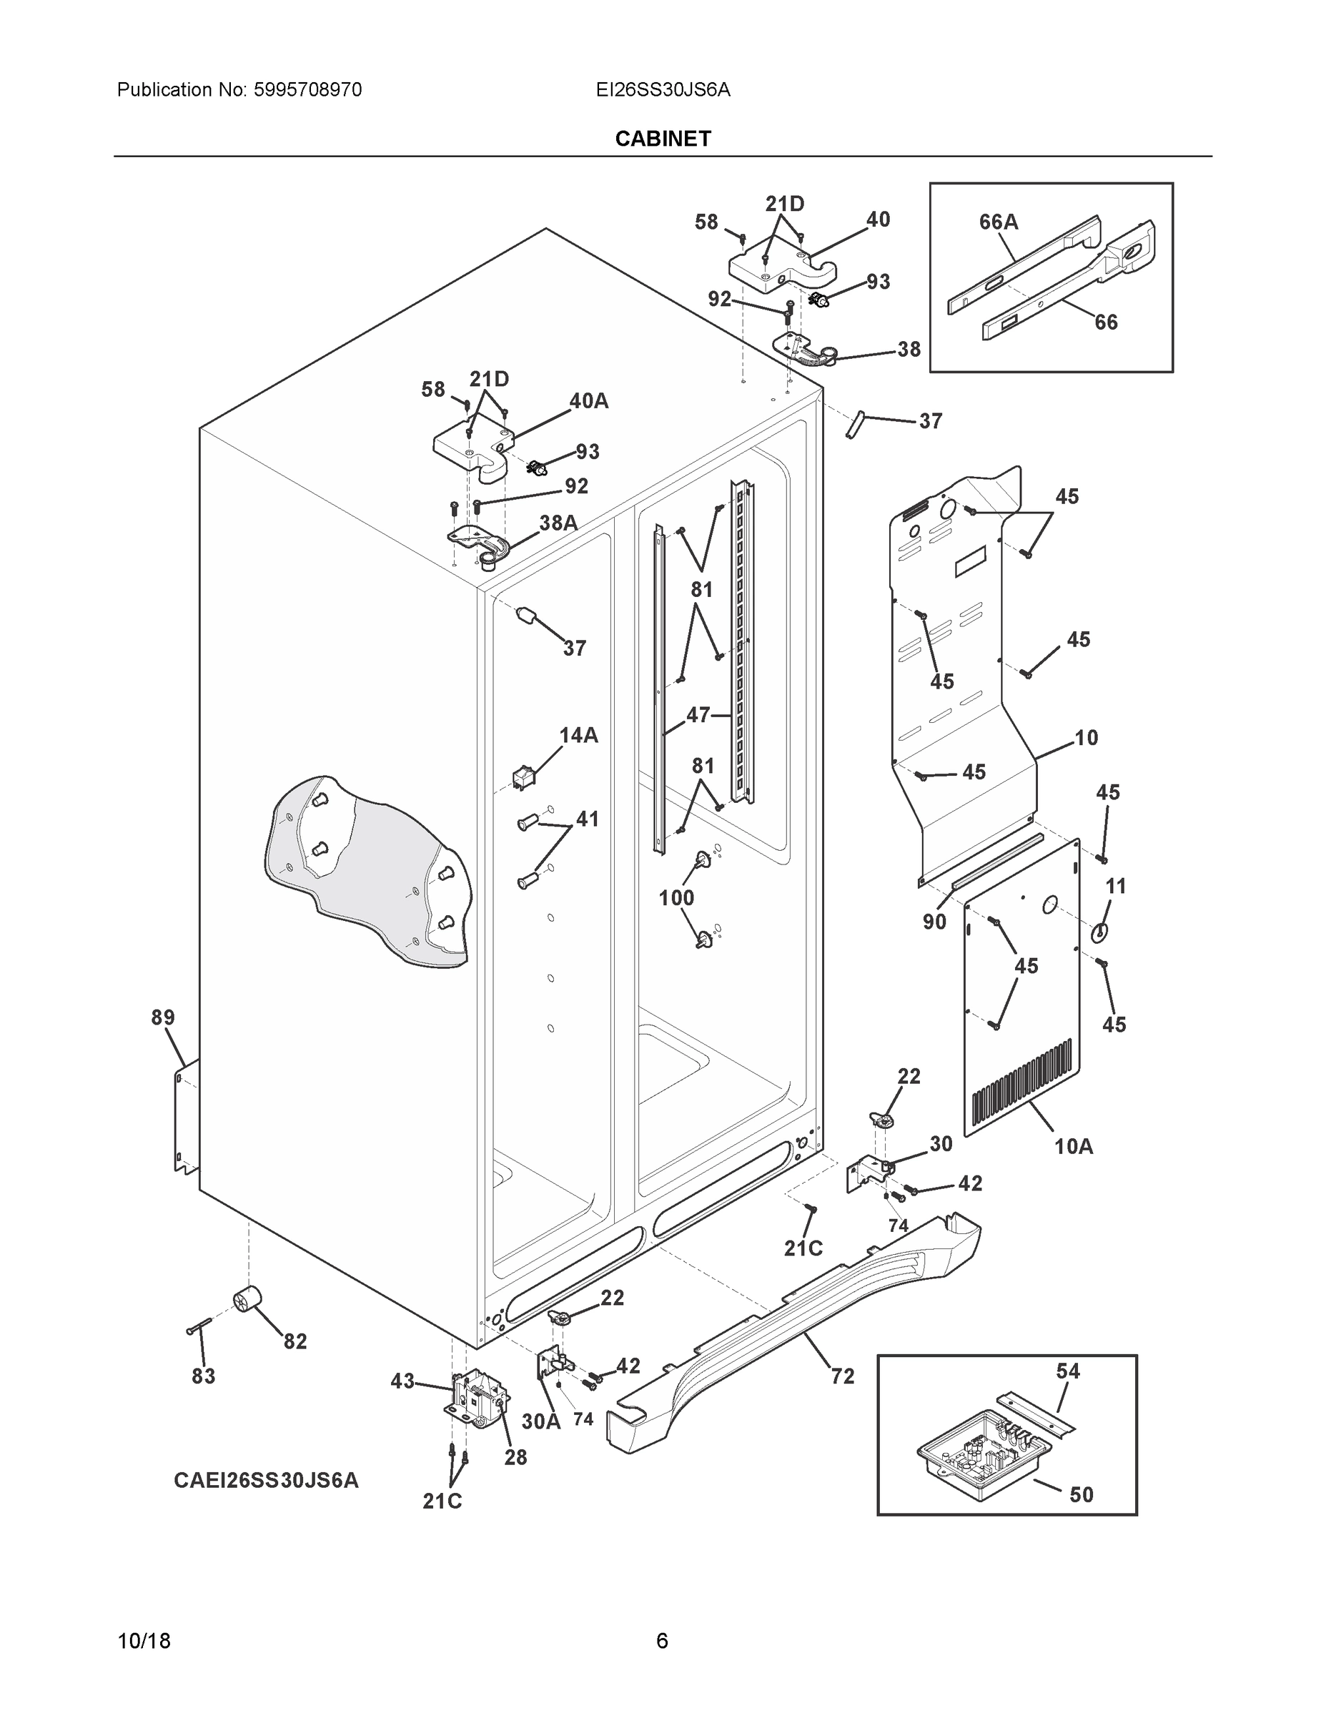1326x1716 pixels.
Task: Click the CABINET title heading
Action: point(662,139)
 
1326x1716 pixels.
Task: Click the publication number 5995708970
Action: point(307,90)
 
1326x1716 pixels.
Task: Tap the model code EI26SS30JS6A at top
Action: point(662,90)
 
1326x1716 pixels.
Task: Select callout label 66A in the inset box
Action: point(998,222)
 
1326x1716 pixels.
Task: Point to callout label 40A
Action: point(588,402)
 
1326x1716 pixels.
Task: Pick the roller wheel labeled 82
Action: point(247,1301)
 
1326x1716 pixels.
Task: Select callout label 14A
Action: point(578,736)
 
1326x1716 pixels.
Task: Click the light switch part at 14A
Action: point(523,777)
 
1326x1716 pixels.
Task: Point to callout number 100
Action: point(676,897)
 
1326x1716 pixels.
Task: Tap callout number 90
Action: point(934,922)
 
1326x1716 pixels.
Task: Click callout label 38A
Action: point(558,523)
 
